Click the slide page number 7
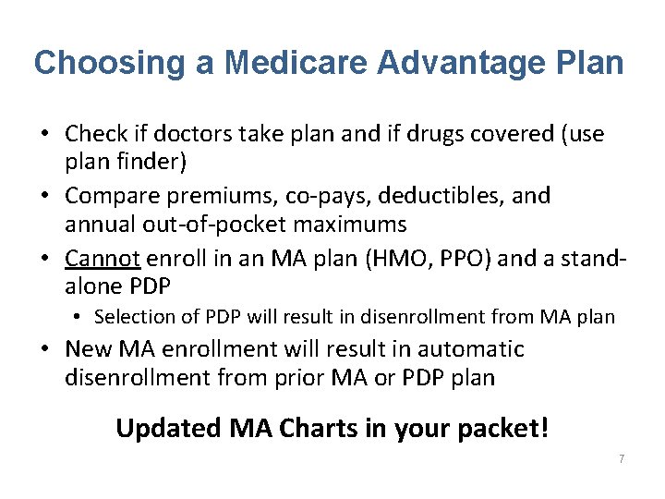click(x=622, y=459)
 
